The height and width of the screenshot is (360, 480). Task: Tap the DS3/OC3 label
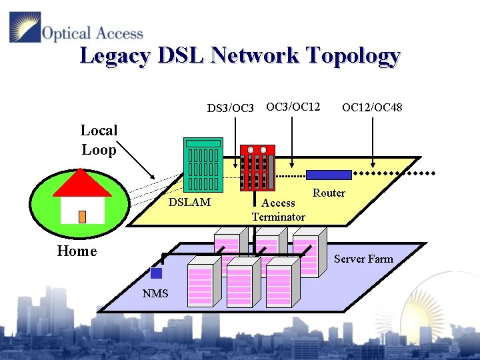(231, 107)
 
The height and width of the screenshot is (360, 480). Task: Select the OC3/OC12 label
(293, 106)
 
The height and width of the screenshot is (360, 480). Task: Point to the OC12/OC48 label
(371, 107)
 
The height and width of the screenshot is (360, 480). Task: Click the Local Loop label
(99, 140)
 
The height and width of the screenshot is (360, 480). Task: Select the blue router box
(329, 175)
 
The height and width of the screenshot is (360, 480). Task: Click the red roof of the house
(82, 184)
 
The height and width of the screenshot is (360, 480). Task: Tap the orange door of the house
(82, 217)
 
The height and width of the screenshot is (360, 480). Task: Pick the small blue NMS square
(156, 273)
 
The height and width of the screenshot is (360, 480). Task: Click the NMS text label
(155, 294)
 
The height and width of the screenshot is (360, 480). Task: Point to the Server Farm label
(363, 259)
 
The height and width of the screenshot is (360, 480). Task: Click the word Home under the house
(77, 251)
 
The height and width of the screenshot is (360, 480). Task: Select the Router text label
(329, 193)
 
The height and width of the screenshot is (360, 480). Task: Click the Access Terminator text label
(278, 210)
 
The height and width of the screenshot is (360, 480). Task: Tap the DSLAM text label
(189, 202)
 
